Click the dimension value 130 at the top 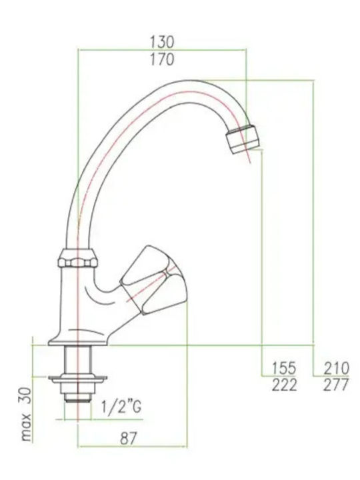point(162,41)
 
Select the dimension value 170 point(162,59)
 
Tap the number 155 point(284,368)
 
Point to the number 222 point(284,385)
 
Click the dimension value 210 point(336,368)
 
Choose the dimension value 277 point(336,385)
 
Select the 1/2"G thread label point(121,407)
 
